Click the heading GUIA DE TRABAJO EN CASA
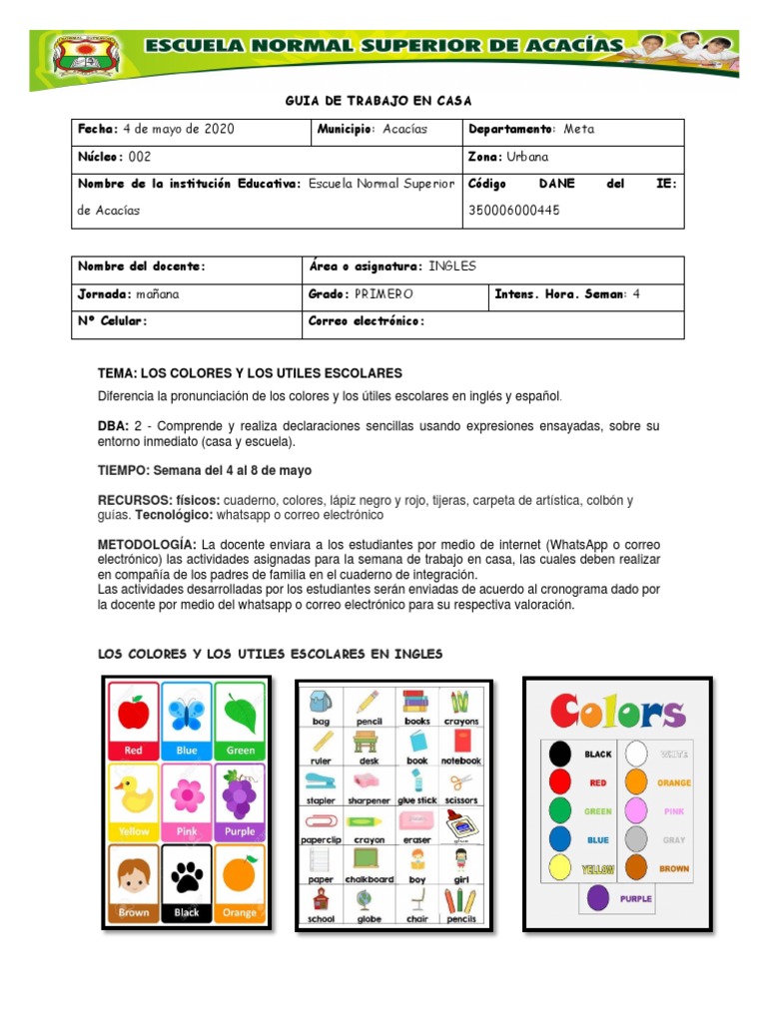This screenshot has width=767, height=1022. coord(379,101)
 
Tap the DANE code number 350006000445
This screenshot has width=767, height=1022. coord(514,211)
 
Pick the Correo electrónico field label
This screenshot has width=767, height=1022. coord(368,321)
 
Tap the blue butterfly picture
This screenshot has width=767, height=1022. coord(187,713)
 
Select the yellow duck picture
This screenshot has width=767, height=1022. coord(134,794)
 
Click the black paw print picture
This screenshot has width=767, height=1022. coord(187,877)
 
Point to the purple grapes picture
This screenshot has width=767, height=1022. coord(240,794)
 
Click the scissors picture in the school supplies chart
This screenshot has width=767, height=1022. coord(460,781)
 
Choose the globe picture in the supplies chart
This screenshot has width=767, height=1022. coord(369,901)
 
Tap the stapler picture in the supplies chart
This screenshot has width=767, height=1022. coord(321,781)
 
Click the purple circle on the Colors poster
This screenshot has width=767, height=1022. coord(597,898)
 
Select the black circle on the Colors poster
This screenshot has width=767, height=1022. coord(561,754)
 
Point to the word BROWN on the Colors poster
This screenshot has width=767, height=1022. coord(673,868)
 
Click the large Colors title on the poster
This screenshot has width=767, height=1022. coord(618,713)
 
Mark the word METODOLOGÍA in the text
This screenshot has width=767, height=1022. coord(147,545)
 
